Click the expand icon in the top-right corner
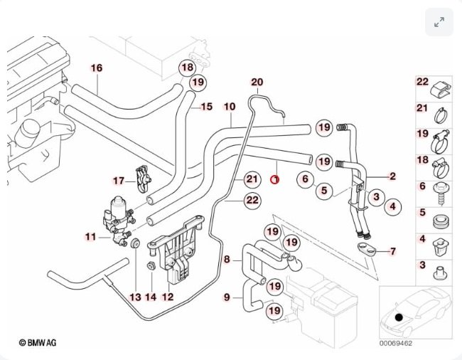click(439, 23)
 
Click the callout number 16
click(97, 68)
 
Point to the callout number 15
click(206, 107)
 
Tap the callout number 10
click(229, 107)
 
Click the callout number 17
click(119, 180)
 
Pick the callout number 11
click(90, 237)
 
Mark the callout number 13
click(135, 296)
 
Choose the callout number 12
click(168, 296)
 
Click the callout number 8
click(227, 260)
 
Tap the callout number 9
click(227, 297)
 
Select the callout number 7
click(393, 251)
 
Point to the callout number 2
click(392, 175)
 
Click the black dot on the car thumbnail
click(399, 317)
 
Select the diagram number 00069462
click(396, 344)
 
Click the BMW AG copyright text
click(38, 343)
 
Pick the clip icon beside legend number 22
click(441, 86)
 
